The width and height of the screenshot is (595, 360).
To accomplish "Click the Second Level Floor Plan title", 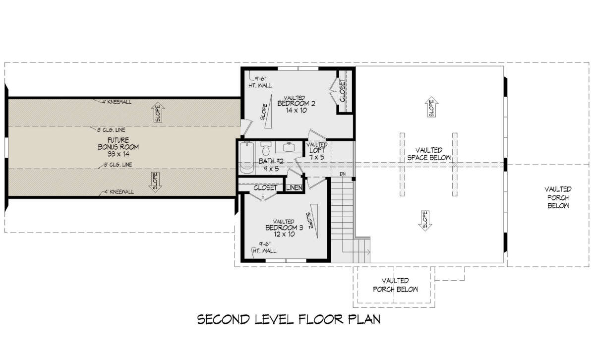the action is (x=289, y=319).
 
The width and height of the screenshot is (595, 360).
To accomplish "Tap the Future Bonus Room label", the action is (x=118, y=147).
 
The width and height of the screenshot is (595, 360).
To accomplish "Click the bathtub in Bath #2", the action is (x=247, y=158).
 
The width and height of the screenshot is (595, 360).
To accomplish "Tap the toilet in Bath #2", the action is (x=266, y=149).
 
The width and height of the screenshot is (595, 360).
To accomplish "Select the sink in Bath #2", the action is (x=289, y=147).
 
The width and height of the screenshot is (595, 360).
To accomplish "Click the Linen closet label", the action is (x=295, y=188).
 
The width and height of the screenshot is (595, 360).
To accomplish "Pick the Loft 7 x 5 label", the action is (x=317, y=154).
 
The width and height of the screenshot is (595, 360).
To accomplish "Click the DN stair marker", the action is (x=343, y=174).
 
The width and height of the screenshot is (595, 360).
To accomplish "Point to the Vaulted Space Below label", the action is (x=429, y=154).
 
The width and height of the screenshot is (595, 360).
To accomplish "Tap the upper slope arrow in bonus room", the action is (x=158, y=112).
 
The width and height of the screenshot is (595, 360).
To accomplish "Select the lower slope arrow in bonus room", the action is (x=155, y=182).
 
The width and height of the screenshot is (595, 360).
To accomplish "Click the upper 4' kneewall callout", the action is (x=117, y=102).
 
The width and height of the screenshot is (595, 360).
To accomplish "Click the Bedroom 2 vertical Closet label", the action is (x=343, y=91).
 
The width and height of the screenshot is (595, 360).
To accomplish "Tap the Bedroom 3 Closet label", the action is (x=265, y=188).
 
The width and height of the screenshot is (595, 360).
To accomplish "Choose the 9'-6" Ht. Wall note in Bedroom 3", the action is (x=265, y=247).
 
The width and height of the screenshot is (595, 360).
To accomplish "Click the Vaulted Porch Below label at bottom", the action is (x=395, y=285).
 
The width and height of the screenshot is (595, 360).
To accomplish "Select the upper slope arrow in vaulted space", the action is (x=432, y=107).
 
